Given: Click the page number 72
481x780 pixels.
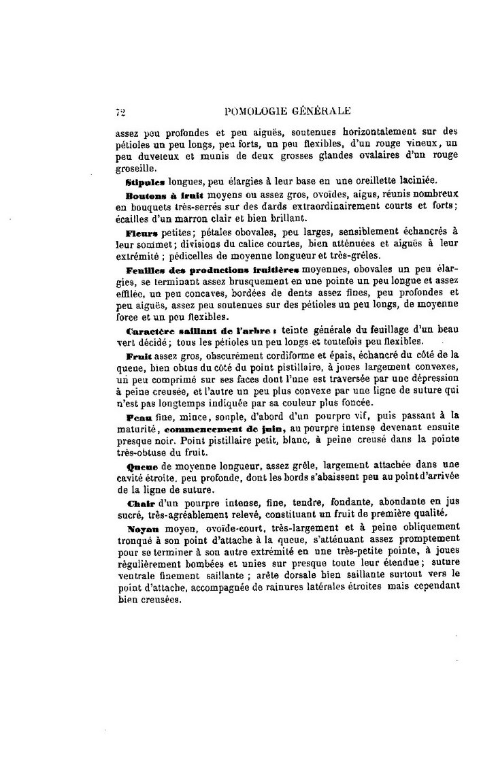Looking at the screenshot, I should click(120, 112).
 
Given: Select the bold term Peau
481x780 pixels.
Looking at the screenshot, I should click(139, 415).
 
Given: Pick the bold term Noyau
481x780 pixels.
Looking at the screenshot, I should click(142, 527).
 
